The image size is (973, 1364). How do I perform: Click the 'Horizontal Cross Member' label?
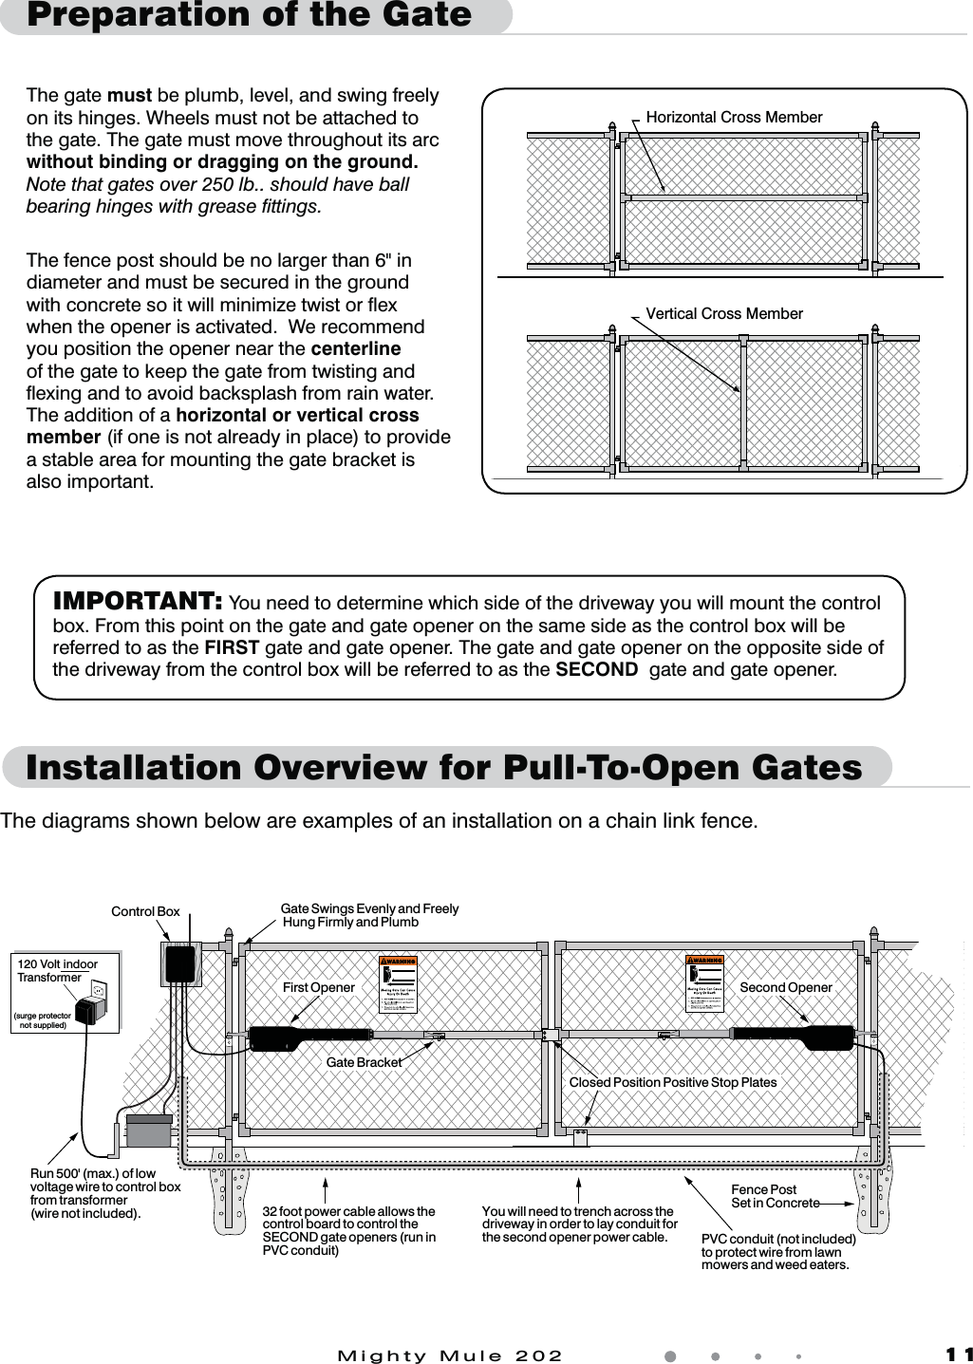(x=733, y=118)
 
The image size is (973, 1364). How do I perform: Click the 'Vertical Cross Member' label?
(x=723, y=314)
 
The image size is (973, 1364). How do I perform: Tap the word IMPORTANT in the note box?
(x=138, y=603)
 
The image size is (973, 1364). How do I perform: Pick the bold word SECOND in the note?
(x=596, y=670)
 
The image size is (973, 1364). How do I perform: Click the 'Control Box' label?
(x=145, y=912)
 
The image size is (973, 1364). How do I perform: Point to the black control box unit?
(x=179, y=964)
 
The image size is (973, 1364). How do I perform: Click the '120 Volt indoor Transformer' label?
(x=57, y=971)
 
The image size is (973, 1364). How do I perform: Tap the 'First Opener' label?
(x=318, y=988)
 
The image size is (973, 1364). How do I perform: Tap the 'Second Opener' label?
(x=785, y=988)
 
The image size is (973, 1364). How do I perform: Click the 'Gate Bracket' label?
(x=364, y=1063)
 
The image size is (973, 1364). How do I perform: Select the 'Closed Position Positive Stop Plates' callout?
(x=672, y=1083)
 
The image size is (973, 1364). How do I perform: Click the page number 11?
(x=958, y=1355)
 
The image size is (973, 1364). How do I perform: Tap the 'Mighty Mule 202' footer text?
(x=450, y=1355)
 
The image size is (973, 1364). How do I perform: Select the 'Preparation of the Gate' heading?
(x=249, y=15)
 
